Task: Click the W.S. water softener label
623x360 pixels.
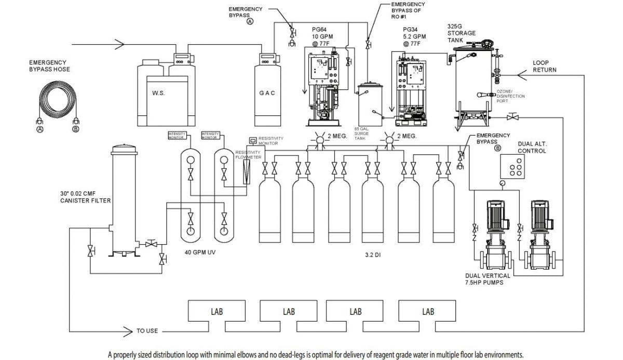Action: coord(158,94)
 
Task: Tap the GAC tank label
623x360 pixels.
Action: coord(267,93)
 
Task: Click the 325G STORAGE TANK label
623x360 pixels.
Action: coord(462,33)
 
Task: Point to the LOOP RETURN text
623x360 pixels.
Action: coord(545,66)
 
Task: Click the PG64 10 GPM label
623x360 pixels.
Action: coord(322,37)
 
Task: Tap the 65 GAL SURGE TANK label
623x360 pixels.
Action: coord(362,134)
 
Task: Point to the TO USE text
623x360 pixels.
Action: coord(147,331)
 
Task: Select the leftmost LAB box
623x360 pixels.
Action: coord(216,312)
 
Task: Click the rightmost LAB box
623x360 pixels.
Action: coord(428,312)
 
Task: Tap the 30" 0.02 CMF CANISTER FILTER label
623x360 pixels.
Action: coord(86,196)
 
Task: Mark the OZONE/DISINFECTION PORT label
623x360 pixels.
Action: coord(511,96)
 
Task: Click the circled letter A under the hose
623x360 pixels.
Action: coord(39,129)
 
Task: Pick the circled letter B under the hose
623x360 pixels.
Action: coord(76,129)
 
